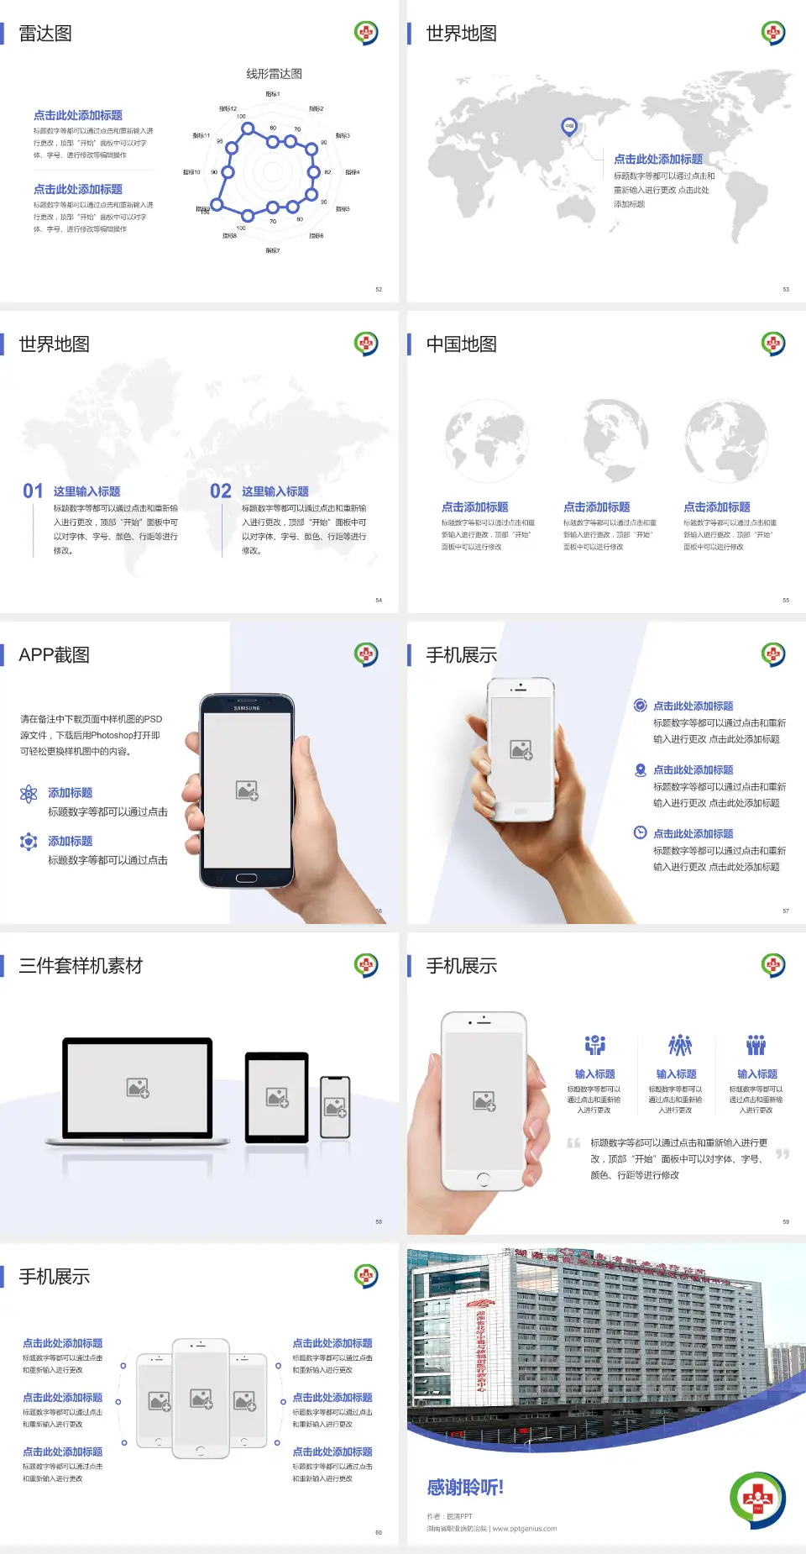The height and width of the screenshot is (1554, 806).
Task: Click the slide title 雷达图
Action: click(45, 34)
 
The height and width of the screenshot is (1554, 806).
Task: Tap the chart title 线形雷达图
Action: click(274, 74)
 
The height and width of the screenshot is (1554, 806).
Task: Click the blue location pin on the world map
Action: click(568, 127)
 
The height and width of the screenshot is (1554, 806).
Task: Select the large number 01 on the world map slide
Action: click(33, 491)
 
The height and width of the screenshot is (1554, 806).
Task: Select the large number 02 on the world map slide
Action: click(221, 491)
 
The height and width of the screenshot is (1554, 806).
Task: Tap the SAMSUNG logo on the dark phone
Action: click(247, 708)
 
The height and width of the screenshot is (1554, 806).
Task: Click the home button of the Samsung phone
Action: click(246, 878)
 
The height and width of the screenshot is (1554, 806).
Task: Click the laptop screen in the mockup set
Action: click(138, 1087)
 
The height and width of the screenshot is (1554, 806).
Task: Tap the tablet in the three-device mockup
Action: click(277, 1096)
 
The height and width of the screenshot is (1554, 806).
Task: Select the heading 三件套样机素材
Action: click(81, 966)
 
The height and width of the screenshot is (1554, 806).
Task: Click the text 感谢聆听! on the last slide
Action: click(465, 1488)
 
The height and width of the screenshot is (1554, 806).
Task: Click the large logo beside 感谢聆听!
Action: click(757, 1499)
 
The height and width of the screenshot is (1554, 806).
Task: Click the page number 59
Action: click(786, 1221)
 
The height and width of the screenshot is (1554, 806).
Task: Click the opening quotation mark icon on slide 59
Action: click(573, 1143)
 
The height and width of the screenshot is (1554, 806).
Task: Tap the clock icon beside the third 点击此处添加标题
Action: click(640, 832)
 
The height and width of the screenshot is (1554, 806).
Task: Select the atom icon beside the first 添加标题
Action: click(29, 794)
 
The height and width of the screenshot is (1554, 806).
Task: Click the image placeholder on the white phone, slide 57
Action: click(521, 749)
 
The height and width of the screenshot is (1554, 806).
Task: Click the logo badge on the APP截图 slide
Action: click(366, 654)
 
